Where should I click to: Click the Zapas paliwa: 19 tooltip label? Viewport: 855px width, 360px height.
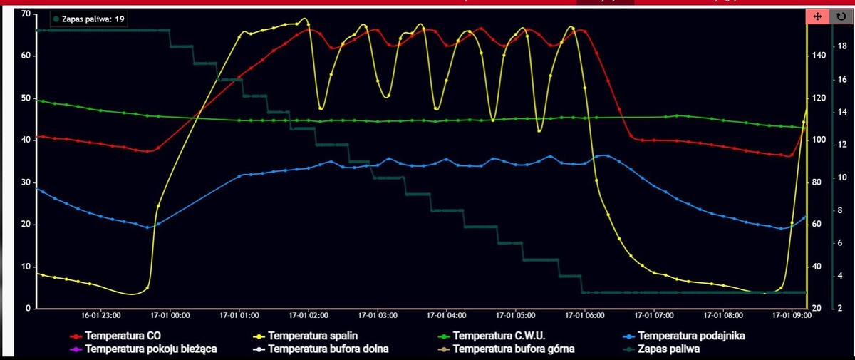pyautogui.click(x=90, y=19)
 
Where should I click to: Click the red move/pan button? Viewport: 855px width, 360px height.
pyautogui.click(x=817, y=16)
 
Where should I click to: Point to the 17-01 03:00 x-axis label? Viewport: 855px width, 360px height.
pyautogui.click(x=378, y=314)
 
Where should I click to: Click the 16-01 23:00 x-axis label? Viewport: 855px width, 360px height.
pyautogui.click(x=100, y=314)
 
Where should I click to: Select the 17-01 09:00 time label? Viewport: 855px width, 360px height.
pyautogui.click(x=792, y=314)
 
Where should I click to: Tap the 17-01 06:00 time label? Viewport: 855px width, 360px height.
pyautogui.click(x=584, y=314)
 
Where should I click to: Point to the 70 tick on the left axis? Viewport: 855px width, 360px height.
pyautogui.click(x=25, y=14)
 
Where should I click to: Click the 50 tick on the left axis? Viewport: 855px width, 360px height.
pyautogui.click(x=25, y=98)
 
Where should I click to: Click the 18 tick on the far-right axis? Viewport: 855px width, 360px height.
pyautogui.click(x=841, y=46)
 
